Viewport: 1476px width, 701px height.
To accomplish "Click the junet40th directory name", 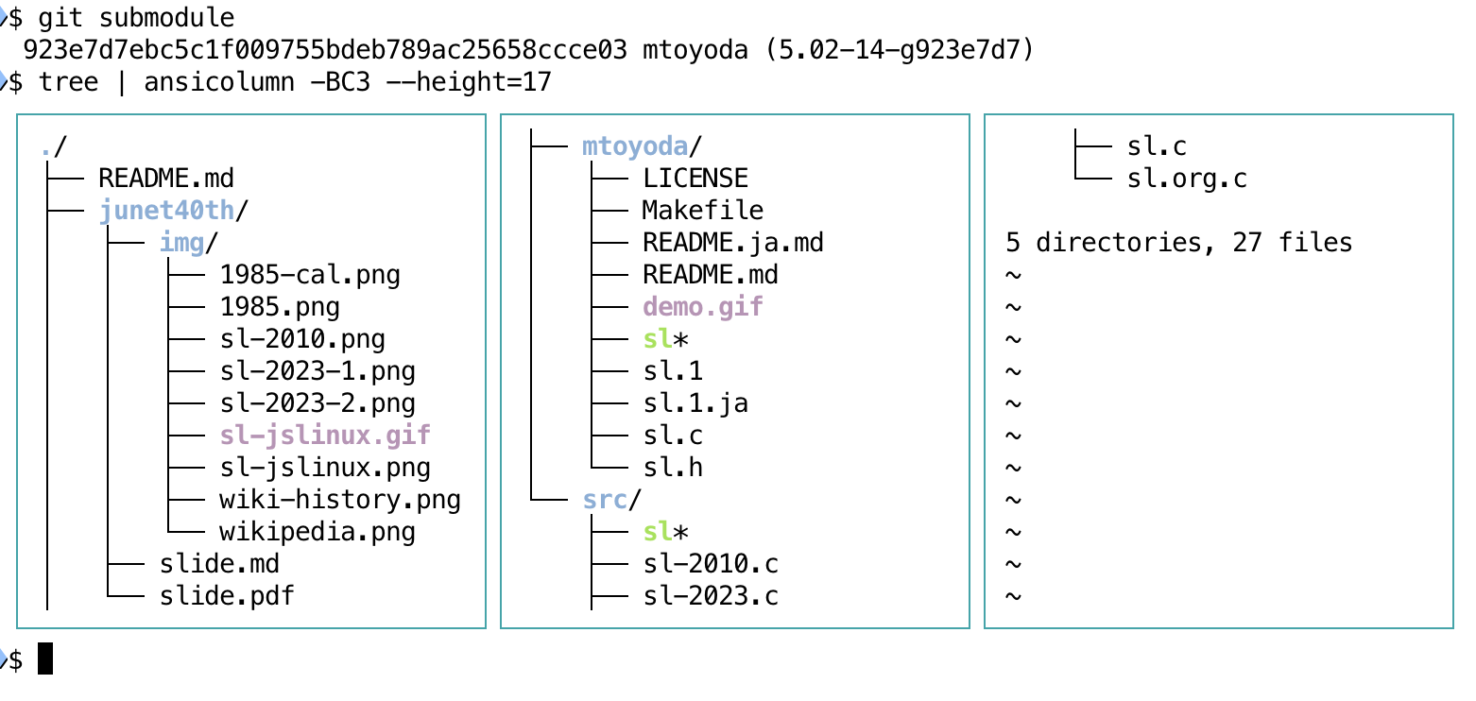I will (x=166, y=210).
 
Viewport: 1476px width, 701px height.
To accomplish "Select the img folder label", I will (x=181, y=242).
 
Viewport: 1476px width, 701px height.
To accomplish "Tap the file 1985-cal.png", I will (x=310, y=274).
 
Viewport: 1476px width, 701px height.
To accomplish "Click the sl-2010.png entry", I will (x=302, y=338).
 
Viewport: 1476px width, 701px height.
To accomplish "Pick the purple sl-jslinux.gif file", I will (x=325, y=435).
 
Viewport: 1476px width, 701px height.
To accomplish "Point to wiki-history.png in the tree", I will (x=340, y=499).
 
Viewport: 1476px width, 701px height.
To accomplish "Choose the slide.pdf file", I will (x=227, y=595).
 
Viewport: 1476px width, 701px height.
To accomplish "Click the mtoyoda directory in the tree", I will (x=635, y=145).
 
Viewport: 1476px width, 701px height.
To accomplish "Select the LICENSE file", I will (x=695, y=178).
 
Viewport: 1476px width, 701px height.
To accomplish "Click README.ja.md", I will (x=733, y=242).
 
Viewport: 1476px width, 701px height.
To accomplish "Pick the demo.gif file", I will (x=703, y=306).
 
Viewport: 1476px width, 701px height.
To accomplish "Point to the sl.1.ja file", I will (x=695, y=402).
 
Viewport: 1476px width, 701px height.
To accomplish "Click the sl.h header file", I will (x=673, y=467).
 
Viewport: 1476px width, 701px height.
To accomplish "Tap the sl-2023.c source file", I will (x=711, y=595).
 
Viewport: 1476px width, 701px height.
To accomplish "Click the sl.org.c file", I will (x=1187, y=178).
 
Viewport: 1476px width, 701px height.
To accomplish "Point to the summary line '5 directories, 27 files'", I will (x=1179, y=242).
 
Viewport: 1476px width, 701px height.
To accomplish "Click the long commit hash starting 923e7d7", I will (x=325, y=49).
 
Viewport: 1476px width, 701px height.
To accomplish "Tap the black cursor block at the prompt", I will (x=45, y=658).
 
